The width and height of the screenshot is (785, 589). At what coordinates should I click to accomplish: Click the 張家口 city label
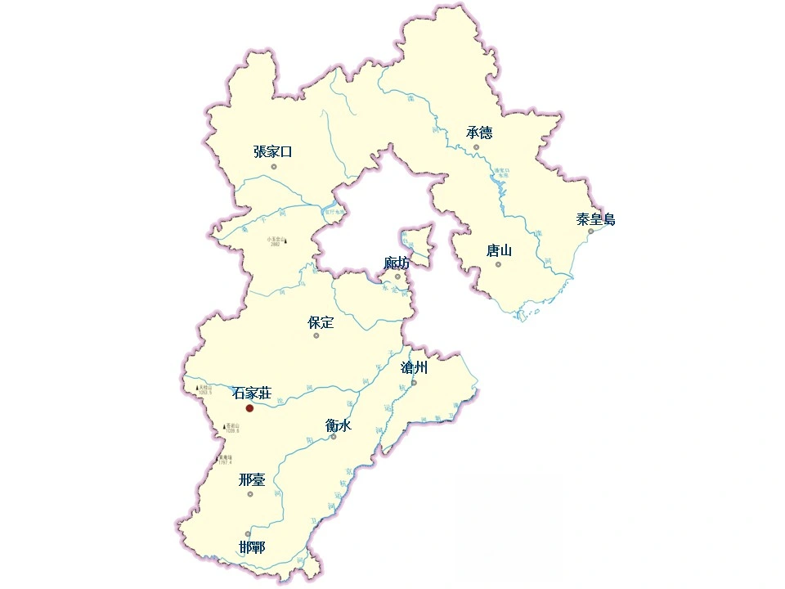point(273,151)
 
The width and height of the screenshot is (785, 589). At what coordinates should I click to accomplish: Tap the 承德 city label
point(479,133)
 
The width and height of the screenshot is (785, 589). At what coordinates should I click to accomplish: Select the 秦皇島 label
point(595,219)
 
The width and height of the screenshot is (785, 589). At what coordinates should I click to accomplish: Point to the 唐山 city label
point(499,250)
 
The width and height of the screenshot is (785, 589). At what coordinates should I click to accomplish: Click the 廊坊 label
point(397,263)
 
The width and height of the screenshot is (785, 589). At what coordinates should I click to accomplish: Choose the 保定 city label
point(321,322)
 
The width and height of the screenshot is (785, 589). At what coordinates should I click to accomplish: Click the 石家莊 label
point(251,393)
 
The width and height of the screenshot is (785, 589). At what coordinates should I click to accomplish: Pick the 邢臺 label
point(252,480)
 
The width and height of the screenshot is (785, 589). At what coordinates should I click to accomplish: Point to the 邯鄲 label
point(252,548)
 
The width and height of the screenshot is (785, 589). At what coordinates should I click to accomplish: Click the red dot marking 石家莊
point(249,407)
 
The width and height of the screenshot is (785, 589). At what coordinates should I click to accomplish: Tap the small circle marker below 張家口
point(274,167)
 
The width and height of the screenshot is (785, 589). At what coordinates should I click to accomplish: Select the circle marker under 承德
point(476,147)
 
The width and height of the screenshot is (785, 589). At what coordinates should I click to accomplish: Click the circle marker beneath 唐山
point(498,264)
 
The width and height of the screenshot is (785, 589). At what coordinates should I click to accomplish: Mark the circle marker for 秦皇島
point(590,232)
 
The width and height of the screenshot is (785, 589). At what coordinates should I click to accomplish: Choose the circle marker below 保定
point(316,335)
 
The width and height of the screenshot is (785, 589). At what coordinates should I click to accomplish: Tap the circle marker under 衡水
point(334,437)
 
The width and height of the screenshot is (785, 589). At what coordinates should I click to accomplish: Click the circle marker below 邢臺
point(250,493)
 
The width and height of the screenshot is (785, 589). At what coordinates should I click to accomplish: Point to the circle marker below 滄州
point(414,382)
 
